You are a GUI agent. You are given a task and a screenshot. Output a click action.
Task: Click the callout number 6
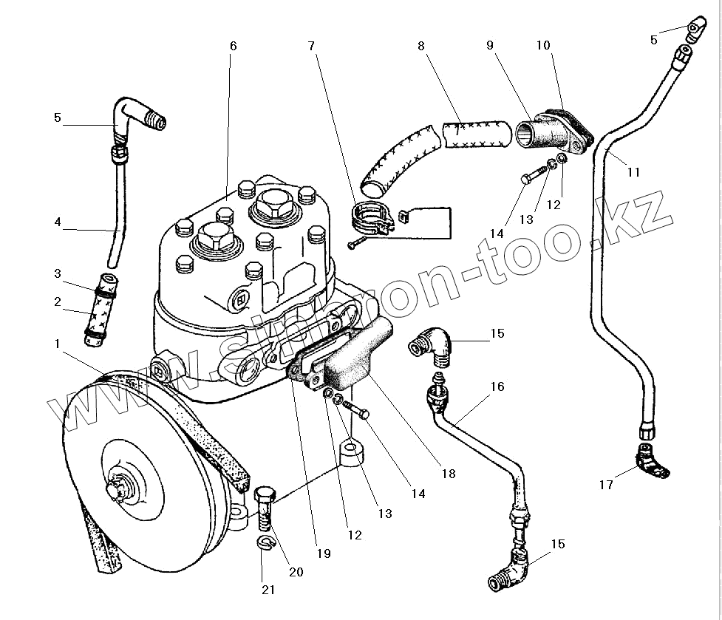(x=233, y=46)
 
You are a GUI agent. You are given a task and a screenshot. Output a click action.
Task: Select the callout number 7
(x=312, y=46)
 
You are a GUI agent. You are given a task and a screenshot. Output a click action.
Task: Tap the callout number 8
(x=421, y=46)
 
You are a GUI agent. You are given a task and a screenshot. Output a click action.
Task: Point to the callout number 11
(x=633, y=172)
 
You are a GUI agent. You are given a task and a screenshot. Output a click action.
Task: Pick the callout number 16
(x=497, y=386)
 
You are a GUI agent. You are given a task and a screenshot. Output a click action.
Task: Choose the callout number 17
(x=606, y=486)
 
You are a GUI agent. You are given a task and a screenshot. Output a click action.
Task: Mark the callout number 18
(x=448, y=474)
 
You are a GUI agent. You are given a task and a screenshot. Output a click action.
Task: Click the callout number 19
(x=322, y=553)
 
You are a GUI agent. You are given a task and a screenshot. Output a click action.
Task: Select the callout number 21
(x=268, y=589)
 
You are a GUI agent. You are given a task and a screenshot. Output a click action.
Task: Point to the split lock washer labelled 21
(x=268, y=544)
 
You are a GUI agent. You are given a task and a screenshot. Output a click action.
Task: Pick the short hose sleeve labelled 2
(x=98, y=319)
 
